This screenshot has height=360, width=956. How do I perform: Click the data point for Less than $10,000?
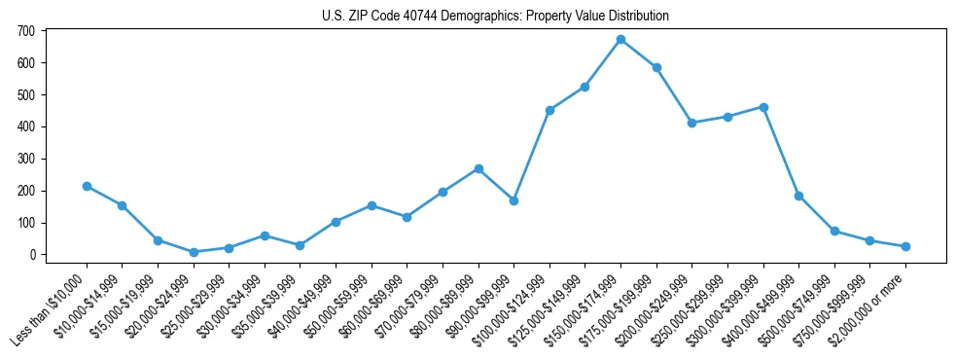click(87, 186)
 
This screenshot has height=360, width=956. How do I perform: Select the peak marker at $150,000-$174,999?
click(620, 39)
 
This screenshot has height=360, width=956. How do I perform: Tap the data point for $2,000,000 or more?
click(905, 246)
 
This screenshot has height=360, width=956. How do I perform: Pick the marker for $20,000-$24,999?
click(194, 252)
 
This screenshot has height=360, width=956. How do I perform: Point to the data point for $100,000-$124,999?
click(549, 110)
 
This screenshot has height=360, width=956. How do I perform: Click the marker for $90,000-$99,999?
click(513, 200)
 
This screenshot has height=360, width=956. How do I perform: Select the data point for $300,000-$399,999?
click(763, 107)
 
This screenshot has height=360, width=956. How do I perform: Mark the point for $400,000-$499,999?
click(798, 196)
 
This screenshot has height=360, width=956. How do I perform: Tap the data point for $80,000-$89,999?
click(478, 168)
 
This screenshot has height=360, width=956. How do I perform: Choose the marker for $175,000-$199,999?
click(656, 67)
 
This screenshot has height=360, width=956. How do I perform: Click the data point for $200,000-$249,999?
click(691, 123)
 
